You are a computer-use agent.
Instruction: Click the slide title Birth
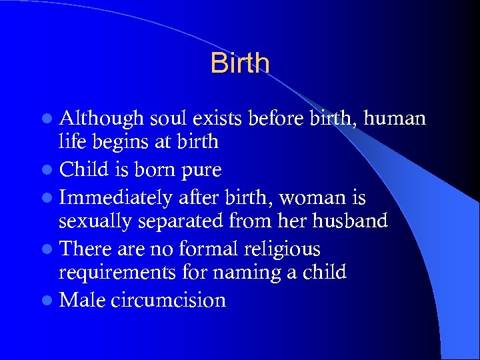point(240,63)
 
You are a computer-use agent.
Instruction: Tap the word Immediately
point(117,198)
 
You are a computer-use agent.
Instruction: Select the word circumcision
point(169,301)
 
